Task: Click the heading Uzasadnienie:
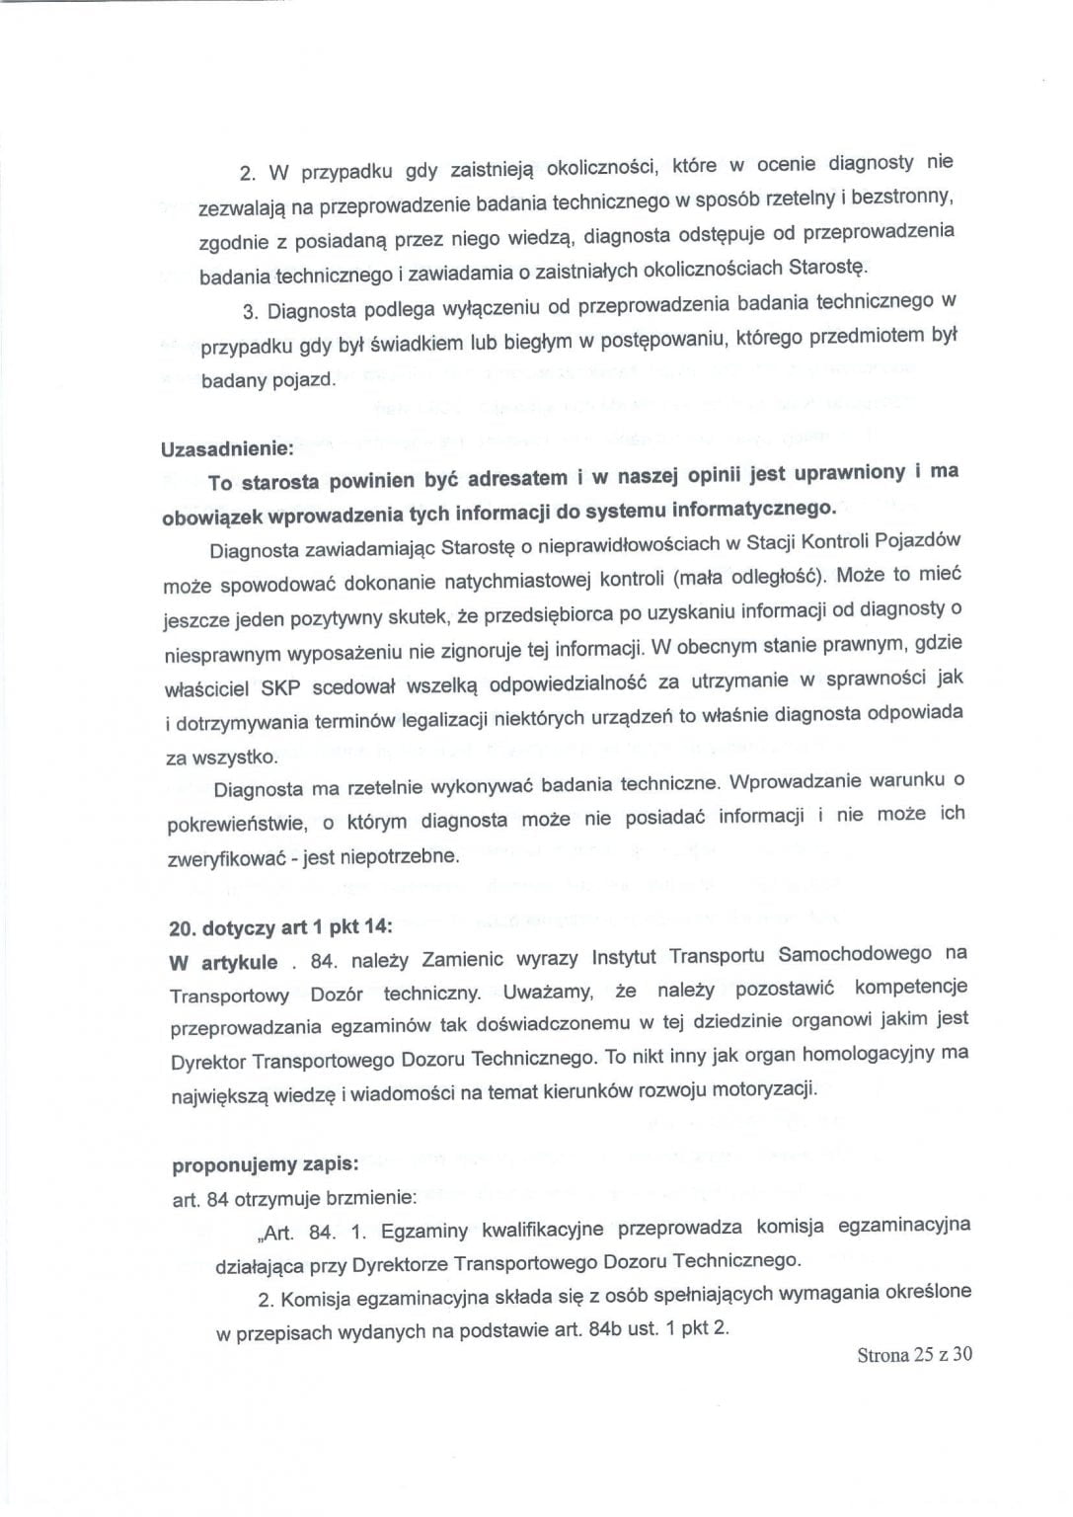coord(227,447)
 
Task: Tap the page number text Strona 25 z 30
coord(914,1354)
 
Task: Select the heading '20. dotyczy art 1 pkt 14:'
coord(281,927)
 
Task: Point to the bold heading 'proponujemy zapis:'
coord(265,1164)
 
